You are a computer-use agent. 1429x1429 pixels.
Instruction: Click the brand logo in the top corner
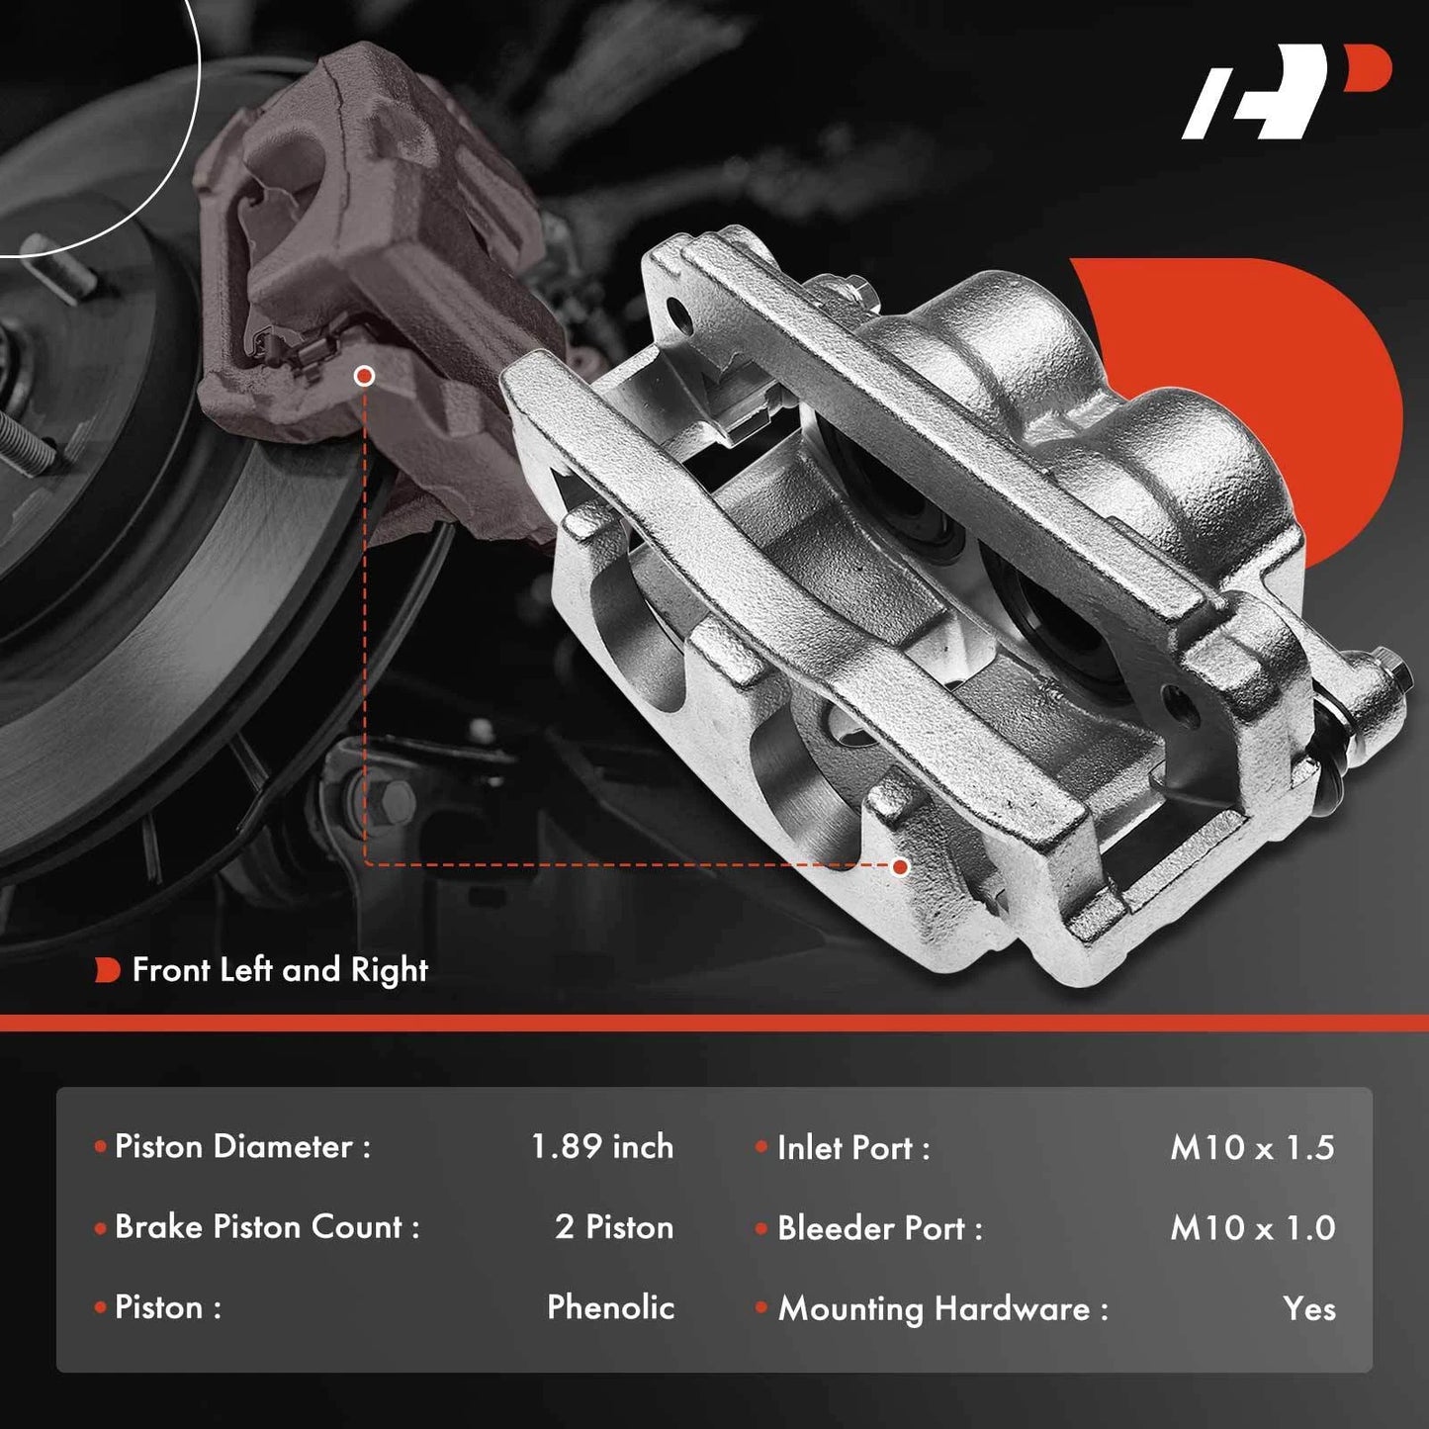pyautogui.click(x=1286, y=102)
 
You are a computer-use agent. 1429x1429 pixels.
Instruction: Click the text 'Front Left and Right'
pyautogui.click(x=280, y=970)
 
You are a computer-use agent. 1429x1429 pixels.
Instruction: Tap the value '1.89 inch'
pyautogui.click(x=602, y=1146)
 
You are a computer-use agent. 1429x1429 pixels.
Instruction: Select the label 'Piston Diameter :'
pyautogui.click(x=242, y=1146)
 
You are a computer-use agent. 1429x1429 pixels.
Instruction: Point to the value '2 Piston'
pyautogui.click(x=614, y=1227)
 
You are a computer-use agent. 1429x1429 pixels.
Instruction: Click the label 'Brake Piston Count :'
pyautogui.click(x=267, y=1227)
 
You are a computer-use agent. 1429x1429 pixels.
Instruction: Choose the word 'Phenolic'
pyautogui.click(x=610, y=1307)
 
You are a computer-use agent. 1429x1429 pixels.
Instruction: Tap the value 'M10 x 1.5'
pyautogui.click(x=1253, y=1148)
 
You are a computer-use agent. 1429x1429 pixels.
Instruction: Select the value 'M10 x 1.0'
pyautogui.click(x=1253, y=1228)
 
